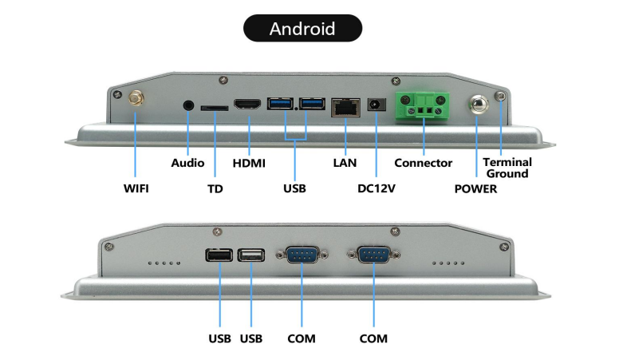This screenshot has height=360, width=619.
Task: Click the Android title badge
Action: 302,29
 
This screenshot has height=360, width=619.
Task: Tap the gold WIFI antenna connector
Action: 135,100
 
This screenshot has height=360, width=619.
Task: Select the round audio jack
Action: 189,105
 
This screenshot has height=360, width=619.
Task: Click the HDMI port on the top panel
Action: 248,105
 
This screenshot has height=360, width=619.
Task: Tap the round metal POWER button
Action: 477,105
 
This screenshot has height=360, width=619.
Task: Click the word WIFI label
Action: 136,189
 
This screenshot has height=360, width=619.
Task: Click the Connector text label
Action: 424,163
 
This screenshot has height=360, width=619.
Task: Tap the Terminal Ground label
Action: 507,168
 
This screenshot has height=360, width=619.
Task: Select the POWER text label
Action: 475,189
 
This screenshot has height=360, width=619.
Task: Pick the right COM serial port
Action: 373,255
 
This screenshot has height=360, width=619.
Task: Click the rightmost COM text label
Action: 373,338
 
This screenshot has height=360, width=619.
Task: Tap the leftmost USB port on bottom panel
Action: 219,255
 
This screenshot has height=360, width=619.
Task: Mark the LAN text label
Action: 345,163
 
